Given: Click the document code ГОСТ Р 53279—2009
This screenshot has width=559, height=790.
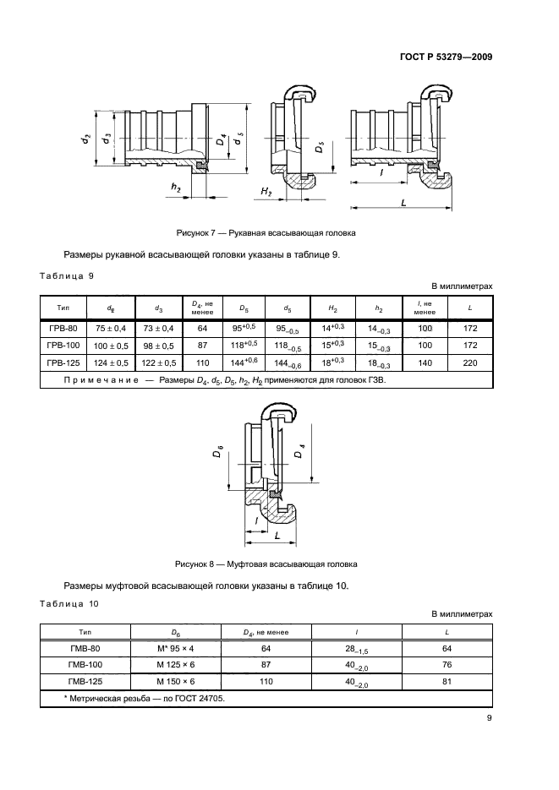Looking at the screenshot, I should pyautogui.click(x=445, y=57).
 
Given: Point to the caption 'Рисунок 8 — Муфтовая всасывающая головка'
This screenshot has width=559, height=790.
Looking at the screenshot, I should pyautogui.click(x=266, y=563).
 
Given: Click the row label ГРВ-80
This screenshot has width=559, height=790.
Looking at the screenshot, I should pyautogui.click(x=64, y=327).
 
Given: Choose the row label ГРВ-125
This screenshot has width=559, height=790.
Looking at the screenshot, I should pyautogui.click(x=64, y=362).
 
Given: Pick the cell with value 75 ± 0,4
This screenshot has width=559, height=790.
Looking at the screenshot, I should pyautogui.click(x=112, y=327).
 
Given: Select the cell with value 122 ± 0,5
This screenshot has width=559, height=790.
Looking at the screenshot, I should pyautogui.click(x=160, y=362).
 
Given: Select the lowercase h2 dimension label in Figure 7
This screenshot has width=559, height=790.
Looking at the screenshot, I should pyautogui.click(x=175, y=187).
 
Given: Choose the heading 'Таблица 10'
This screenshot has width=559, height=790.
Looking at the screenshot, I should pyautogui.click(x=70, y=603).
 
